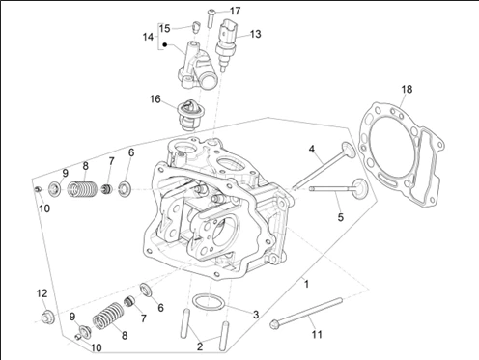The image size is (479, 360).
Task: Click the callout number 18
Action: coord(407,89)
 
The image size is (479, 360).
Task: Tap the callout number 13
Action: coord(255,34)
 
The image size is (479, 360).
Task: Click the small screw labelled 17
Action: coord(211,18)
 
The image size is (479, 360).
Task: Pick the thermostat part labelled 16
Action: coord(190,115)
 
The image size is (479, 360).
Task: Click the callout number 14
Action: coord(148,37)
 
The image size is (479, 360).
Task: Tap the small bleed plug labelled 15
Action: coord(196,26)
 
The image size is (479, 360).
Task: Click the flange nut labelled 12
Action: coord(47,317)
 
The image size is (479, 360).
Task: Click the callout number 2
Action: coord(200,346)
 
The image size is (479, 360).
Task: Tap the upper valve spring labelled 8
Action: coord(82,189)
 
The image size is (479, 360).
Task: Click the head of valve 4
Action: coord(349,150)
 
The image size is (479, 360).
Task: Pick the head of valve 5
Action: coord(359,187)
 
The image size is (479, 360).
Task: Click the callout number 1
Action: coord(306,284)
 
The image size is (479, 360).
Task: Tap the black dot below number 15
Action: coord(165,44)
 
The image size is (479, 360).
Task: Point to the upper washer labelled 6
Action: coord(125,189)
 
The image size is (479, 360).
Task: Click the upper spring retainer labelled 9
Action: coord(55,189)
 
